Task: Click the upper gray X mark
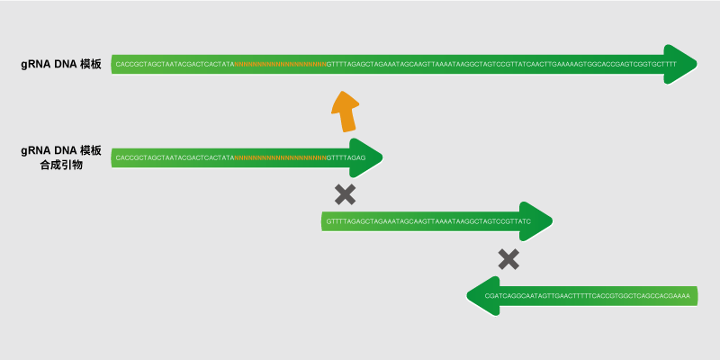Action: click(x=345, y=193)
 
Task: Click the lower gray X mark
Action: click(x=508, y=260)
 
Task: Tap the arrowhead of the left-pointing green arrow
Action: click(x=483, y=295)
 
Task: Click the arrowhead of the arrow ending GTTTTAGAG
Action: click(x=368, y=157)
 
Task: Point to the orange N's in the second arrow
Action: click(x=280, y=158)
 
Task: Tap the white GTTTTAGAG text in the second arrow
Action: click(x=345, y=158)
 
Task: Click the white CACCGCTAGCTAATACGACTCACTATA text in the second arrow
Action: click(x=175, y=158)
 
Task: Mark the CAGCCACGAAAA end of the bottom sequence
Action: click(x=661, y=295)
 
